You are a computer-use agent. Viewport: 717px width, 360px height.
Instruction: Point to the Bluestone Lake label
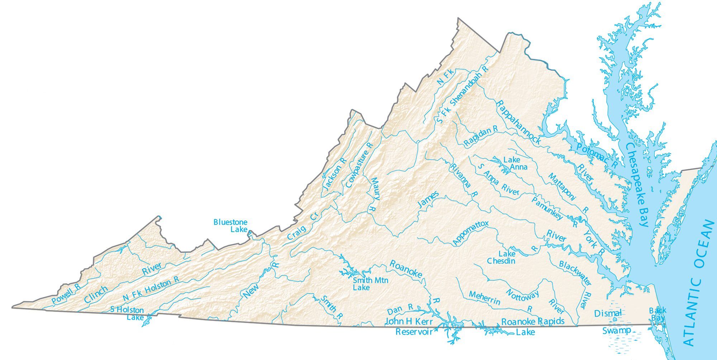230,226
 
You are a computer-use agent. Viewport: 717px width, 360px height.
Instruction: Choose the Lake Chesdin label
501,257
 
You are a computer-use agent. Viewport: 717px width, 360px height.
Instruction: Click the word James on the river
428,200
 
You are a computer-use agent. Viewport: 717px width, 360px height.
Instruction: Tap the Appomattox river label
470,233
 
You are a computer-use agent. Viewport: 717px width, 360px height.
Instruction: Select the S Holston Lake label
128,313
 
